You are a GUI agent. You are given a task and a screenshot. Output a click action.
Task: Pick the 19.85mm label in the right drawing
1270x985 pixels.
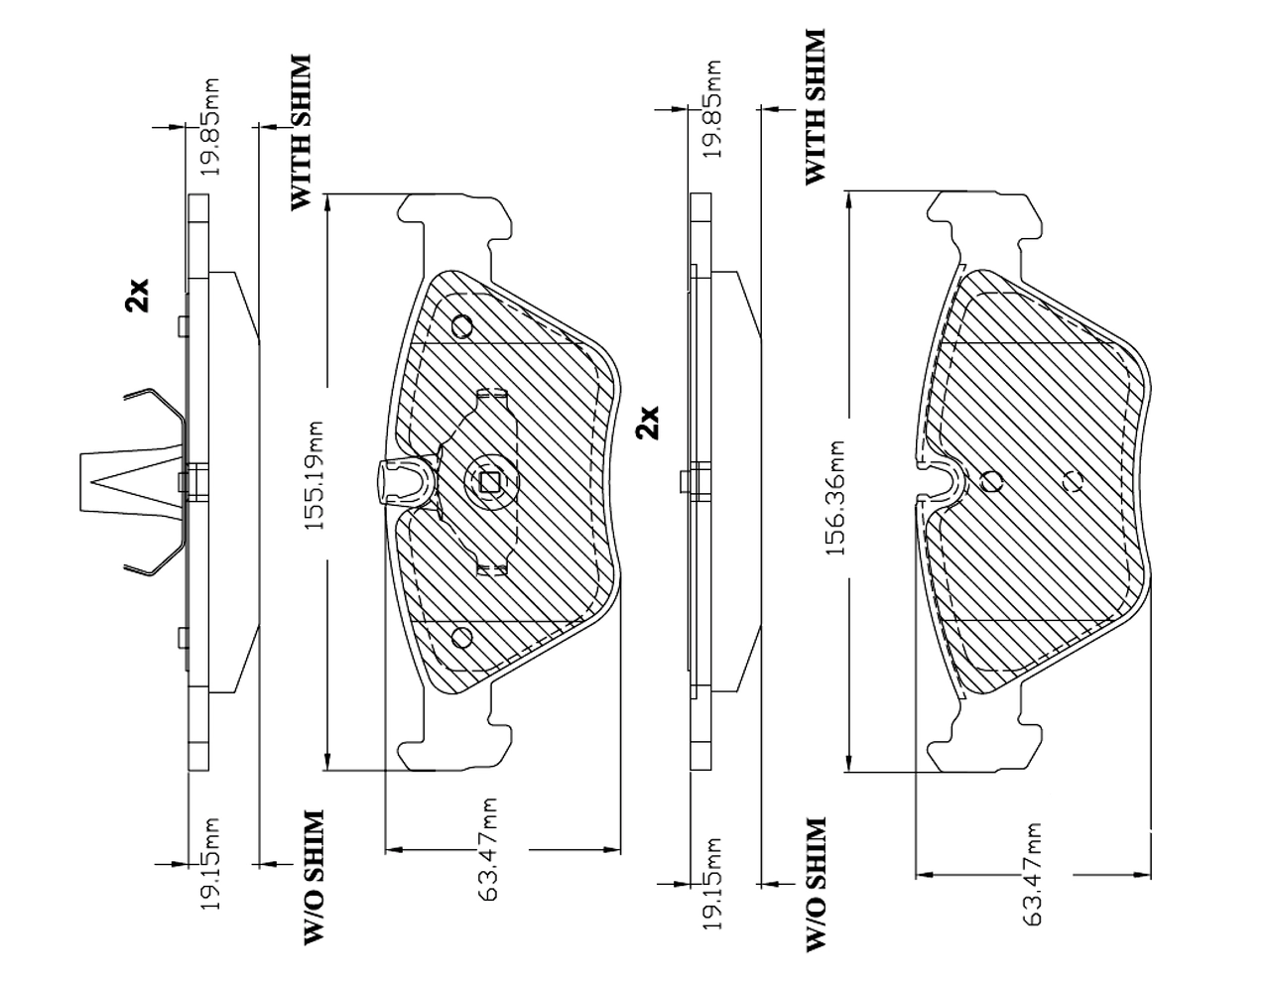coord(711,109)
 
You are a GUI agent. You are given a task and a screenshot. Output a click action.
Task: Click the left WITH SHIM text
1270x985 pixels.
coord(300,132)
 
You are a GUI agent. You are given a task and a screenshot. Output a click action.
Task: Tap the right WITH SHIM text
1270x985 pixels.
coord(814,107)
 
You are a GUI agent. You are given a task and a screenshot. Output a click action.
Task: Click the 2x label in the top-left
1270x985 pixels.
coord(137,295)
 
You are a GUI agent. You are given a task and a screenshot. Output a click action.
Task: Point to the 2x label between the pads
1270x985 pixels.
coord(647,422)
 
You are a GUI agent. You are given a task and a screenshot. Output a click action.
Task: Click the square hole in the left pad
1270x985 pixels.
coord(489,482)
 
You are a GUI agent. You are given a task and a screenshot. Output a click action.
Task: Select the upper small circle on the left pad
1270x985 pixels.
coord(462,326)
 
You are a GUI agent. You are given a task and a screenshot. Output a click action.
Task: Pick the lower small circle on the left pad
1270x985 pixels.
coord(461,636)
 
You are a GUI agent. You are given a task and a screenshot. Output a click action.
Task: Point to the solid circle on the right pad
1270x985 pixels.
coord(991,482)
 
